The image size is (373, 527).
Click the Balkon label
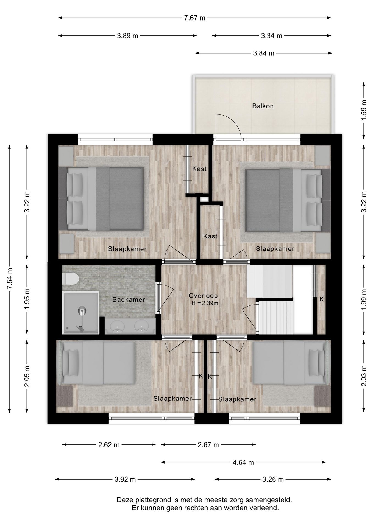pyautogui.click(x=263, y=106)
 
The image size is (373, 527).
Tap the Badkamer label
pyautogui.click(x=129, y=299)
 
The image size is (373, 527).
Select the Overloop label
pyautogui.click(x=203, y=296)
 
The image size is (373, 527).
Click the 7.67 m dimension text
pyautogui.click(x=195, y=18)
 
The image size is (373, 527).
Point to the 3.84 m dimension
pyautogui.click(x=264, y=53)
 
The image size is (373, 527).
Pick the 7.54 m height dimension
pyautogui.click(x=10, y=279)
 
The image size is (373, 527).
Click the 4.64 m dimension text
pyautogui.click(x=243, y=462)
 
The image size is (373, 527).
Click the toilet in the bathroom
pyautogui.click(x=70, y=279)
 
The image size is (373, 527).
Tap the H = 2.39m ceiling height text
pyautogui.click(x=205, y=303)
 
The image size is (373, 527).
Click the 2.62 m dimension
pyautogui.click(x=109, y=445)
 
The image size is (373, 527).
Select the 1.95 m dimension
pyautogui.click(x=27, y=299)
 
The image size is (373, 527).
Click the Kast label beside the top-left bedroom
pyautogui.click(x=199, y=169)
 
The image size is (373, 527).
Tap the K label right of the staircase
pyautogui.click(x=322, y=299)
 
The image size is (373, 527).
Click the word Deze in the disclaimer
pyautogui.click(x=124, y=500)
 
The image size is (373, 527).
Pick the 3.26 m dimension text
pyautogui.click(x=273, y=480)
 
